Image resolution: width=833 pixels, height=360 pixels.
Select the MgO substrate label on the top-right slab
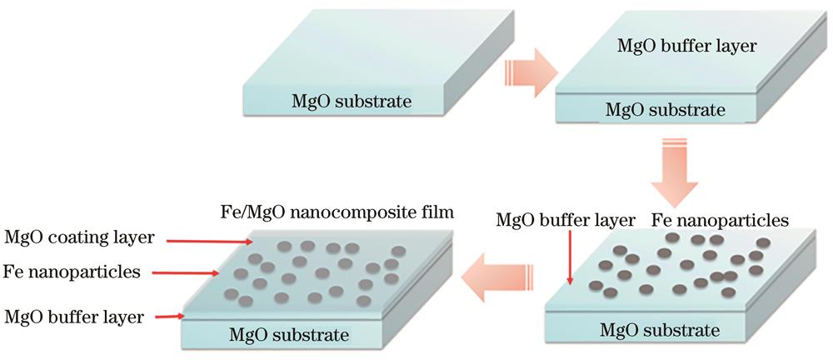(x=666, y=108)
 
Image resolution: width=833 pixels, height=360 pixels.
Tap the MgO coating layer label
(x=79, y=237)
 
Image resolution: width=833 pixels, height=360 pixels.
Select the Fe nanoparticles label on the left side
(x=71, y=272)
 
